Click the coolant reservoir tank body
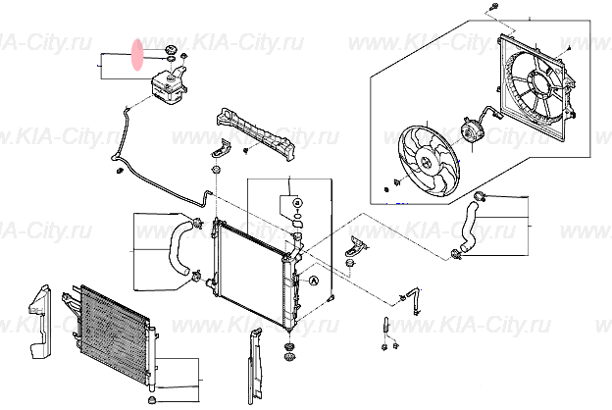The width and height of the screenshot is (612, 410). [168, 89]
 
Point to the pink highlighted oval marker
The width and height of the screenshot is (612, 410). [137, 53]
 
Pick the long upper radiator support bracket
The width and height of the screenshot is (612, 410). [257, 130]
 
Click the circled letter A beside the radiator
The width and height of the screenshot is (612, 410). [314, 281]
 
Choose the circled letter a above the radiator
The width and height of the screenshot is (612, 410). [292, 203]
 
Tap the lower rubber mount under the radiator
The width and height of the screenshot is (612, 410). [290, 351]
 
